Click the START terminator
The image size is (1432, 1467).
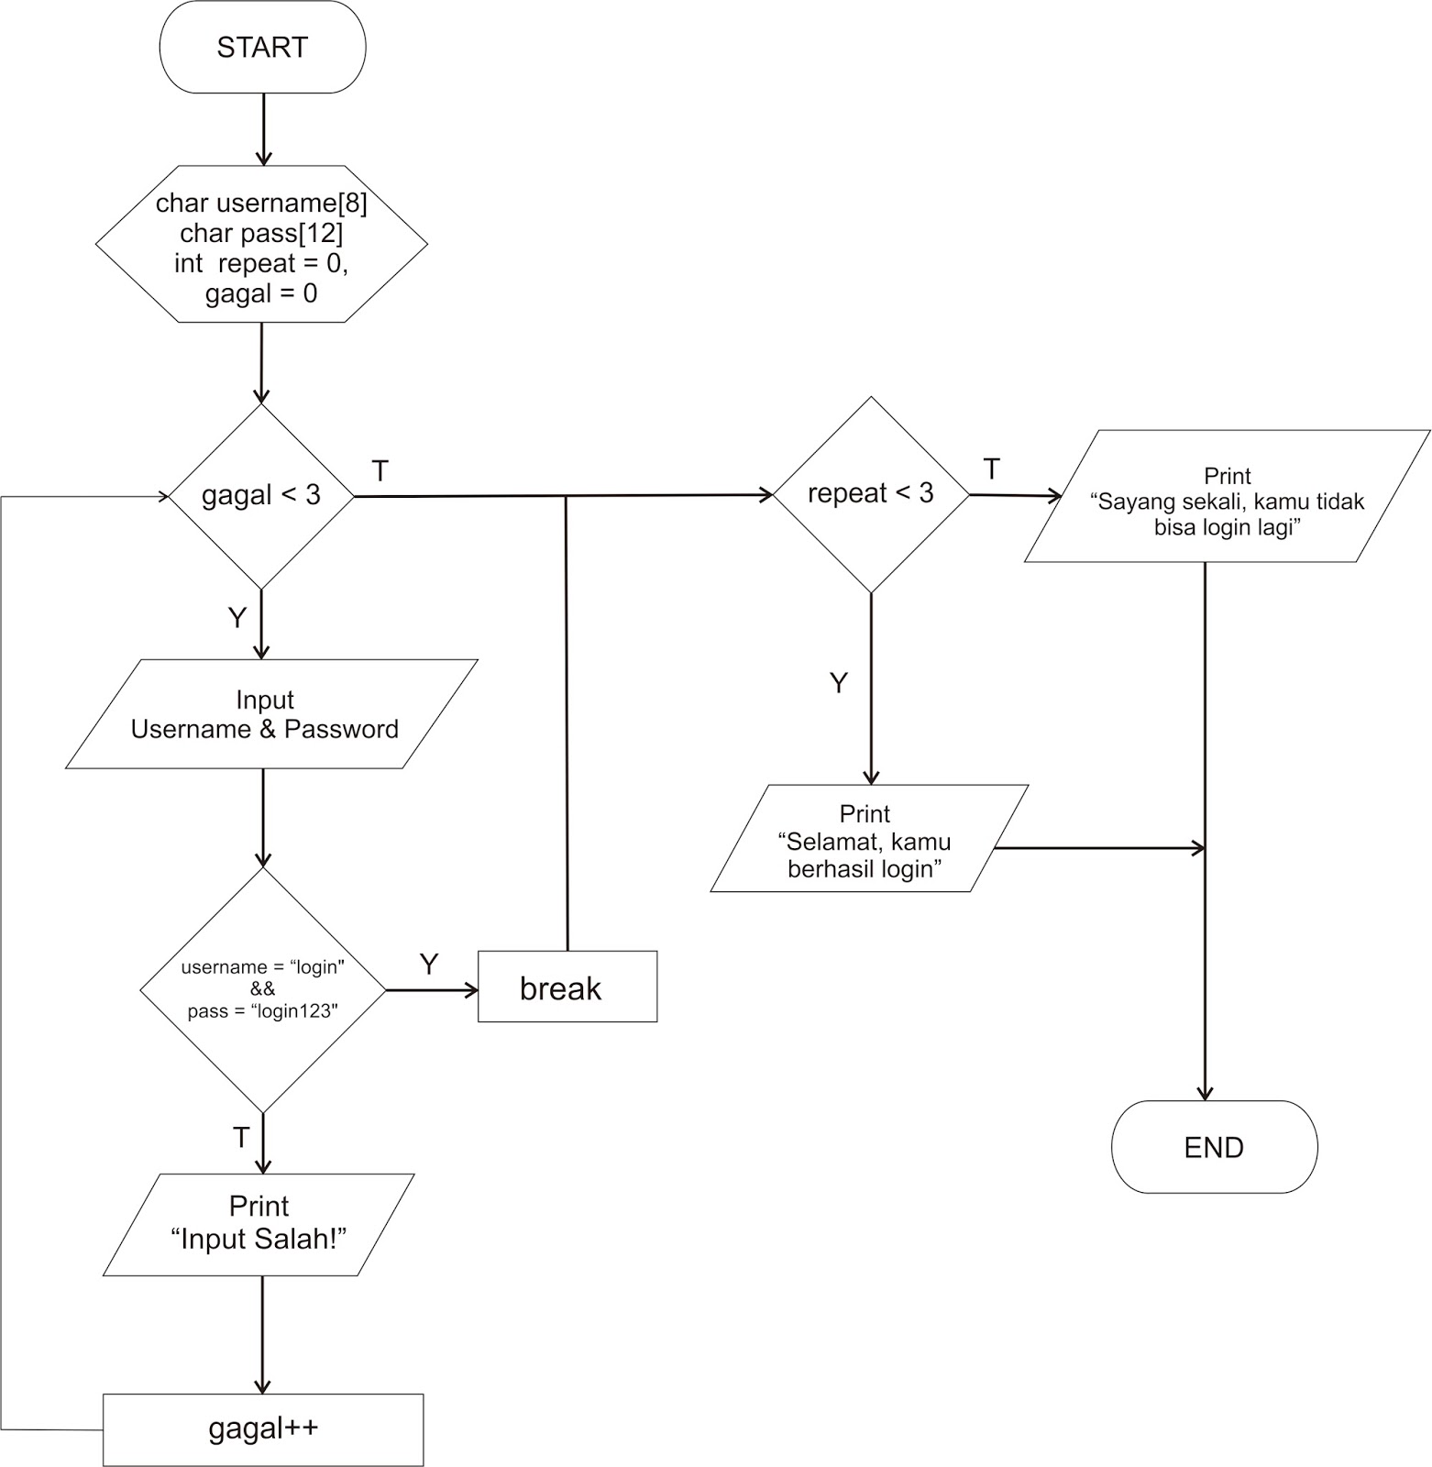262,47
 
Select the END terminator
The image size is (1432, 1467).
1214,1147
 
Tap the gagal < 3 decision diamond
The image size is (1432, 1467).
261,496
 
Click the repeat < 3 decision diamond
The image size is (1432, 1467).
870,494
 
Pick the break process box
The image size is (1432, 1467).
567,987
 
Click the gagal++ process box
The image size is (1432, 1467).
263,1429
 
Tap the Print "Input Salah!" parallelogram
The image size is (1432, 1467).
259,1224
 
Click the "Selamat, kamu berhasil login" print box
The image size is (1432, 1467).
866,840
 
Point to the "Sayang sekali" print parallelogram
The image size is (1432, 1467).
1227,497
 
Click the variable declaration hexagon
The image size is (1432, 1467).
262,245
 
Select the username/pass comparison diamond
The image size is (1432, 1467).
263,989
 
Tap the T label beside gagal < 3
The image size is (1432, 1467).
380,471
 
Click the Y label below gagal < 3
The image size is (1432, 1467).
237,618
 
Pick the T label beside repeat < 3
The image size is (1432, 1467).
991,469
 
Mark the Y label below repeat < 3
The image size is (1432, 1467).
838,683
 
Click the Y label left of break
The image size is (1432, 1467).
429,964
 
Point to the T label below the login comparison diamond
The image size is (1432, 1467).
241,1138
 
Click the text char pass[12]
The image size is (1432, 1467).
262,233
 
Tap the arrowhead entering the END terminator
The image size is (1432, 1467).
1205,1093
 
